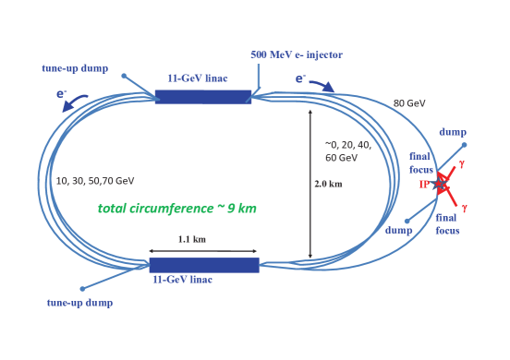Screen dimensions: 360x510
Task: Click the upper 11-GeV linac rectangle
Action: [x=202, y=97]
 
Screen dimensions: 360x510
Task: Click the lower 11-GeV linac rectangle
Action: [x=204, y=265]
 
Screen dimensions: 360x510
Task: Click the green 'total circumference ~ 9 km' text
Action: [x=177, y=209]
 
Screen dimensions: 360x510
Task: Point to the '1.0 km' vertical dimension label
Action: [x=327, y=184]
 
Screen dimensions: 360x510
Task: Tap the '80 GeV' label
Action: [x=408, y=102]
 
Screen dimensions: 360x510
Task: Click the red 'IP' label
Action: [x=424, y=185]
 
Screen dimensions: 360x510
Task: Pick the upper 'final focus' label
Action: [x=421, y=162]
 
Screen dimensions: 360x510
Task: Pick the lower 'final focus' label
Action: [x=447, y=223]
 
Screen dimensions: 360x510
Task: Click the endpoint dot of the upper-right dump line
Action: [x=464, y=145]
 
